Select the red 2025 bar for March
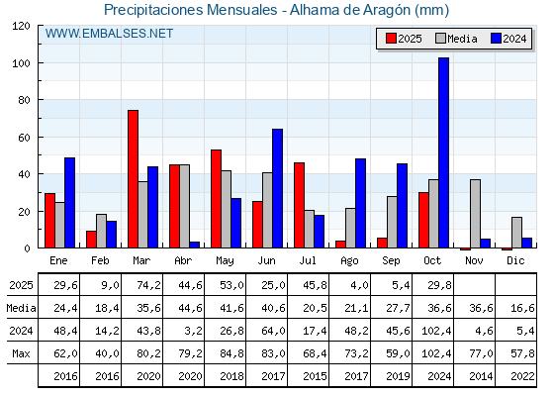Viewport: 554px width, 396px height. click(133, 179)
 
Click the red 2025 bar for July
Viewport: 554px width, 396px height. click(299, 205)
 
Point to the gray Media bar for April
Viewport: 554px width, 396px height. click(184, 206)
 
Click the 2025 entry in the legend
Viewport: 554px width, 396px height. click(404, 39)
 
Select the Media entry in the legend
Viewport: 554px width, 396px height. click(456, 39)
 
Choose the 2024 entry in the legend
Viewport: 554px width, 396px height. click(508, 39)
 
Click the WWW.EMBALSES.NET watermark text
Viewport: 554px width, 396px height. click(109, 34)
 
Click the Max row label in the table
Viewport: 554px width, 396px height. click(20, 353)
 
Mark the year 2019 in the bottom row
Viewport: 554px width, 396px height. click(392, 376)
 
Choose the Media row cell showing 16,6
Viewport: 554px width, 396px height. click(516, 308)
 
